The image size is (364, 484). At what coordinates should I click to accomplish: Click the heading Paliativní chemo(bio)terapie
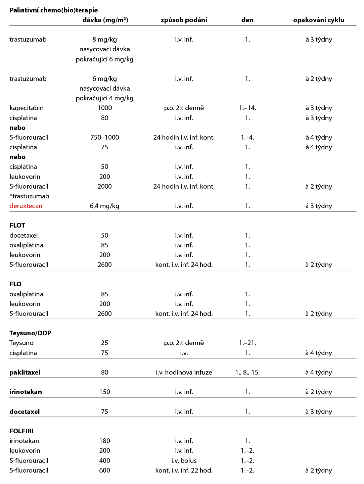click(54, 10)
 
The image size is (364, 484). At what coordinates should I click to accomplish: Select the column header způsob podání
click(184, 20)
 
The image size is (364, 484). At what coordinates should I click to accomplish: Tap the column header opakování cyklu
click(318, 20)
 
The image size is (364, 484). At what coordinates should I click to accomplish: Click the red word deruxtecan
click(26, 206)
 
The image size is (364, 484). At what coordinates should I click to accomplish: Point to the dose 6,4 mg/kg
click(104, 206)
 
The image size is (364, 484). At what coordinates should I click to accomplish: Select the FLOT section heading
click(17, 225)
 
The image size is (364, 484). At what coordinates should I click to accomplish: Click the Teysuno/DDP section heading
click(30, 333)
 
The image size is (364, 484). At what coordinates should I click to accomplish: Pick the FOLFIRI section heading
click(21, 431)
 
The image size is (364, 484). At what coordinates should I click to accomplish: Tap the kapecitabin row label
click(27, 108)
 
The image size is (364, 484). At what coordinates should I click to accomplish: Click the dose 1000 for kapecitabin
click(104, 108)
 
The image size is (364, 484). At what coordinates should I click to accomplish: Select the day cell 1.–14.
click(247, 108)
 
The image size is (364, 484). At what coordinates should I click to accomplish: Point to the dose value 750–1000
click(104, 137)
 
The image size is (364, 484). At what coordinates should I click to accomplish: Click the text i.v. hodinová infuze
click(184, 372)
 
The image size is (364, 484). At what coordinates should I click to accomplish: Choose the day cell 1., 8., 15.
click(247, 372)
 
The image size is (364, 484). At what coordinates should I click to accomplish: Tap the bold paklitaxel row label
click(25, 372)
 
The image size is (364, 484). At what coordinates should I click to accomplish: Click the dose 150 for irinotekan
click(104, 392)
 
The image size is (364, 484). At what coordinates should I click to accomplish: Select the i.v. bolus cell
click(184, 461)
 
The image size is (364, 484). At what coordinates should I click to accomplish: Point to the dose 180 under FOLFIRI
click(104, 441)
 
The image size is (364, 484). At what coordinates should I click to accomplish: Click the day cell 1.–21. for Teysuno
click(247, 343)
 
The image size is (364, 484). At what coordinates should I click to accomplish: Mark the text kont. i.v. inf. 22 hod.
click(184, 470)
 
